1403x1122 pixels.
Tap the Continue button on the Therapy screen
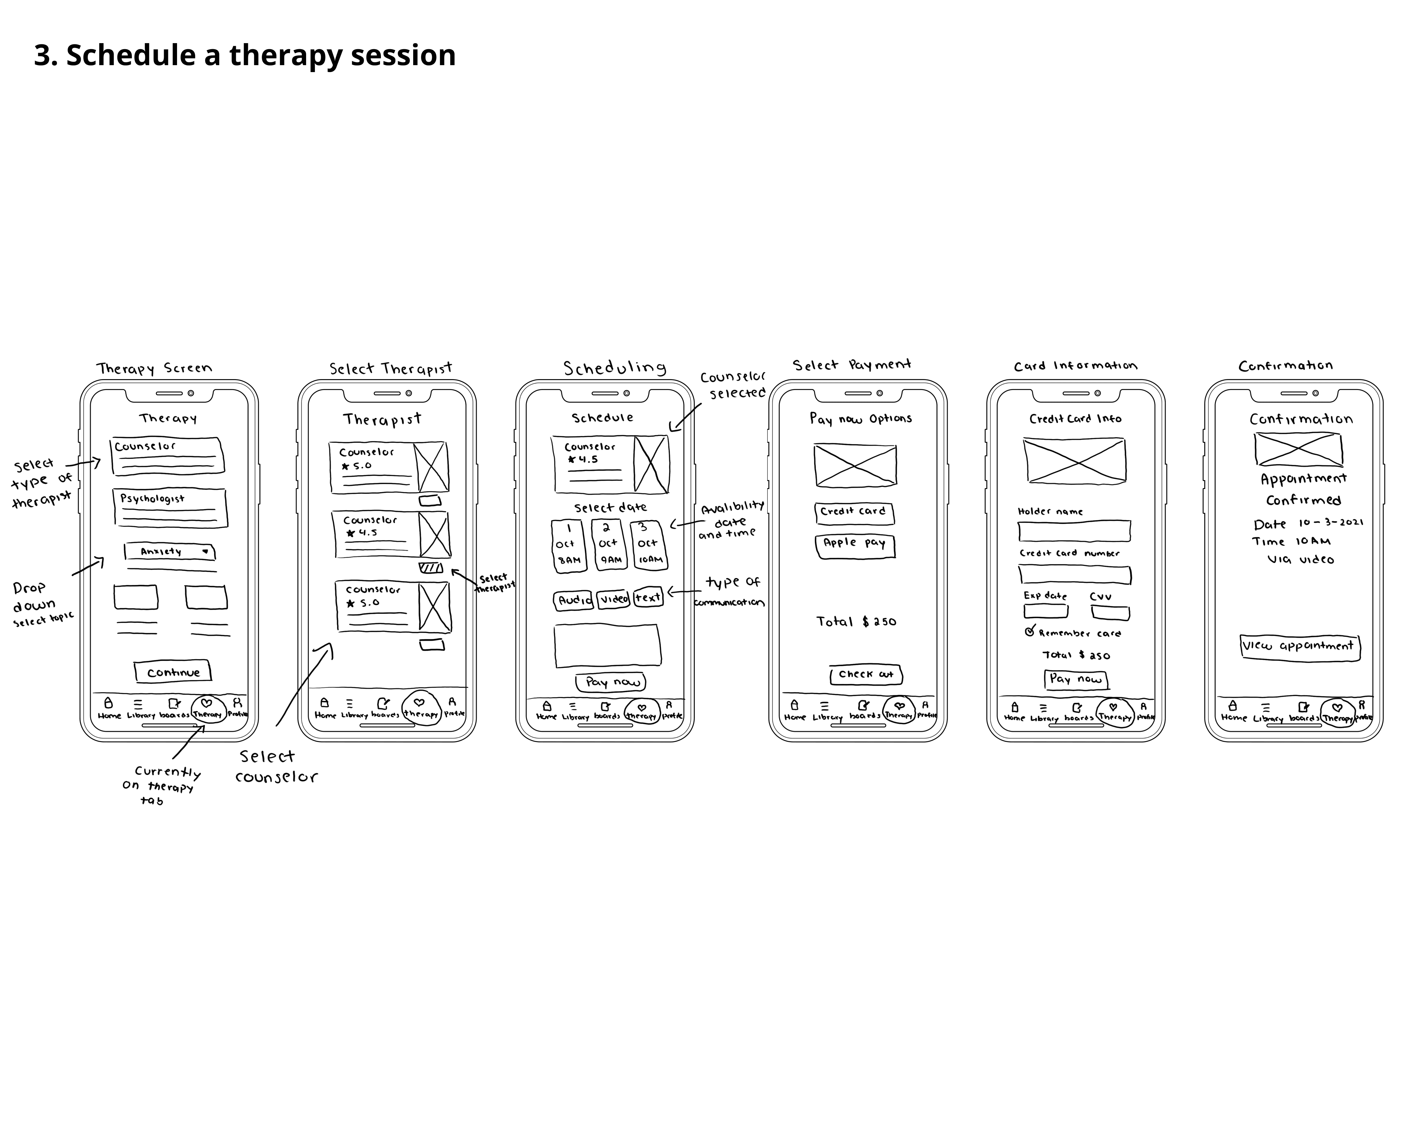point(173,672)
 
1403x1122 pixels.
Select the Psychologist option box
point(170,508)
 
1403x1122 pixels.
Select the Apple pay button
point(854,545)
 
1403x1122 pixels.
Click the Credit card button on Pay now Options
point(854,513)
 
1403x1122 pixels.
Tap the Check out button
point(866,675)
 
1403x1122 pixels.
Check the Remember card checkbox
point(1029,631)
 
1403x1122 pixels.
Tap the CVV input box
point(1110,612)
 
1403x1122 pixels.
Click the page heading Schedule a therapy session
point(245,55)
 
